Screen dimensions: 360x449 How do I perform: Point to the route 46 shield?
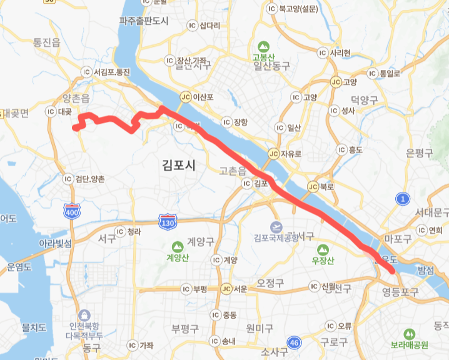[295, 342]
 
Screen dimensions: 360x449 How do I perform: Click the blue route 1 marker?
[403, 199]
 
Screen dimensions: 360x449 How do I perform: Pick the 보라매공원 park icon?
[410, 334]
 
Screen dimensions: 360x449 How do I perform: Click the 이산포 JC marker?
[184, 97]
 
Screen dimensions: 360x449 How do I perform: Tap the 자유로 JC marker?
[273, 153]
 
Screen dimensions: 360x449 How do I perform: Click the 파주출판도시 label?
[144, 21]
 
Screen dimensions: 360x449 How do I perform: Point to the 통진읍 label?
[47, 42]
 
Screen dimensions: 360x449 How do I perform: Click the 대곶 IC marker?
[52, 112]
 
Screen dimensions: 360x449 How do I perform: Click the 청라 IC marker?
[120, 231]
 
